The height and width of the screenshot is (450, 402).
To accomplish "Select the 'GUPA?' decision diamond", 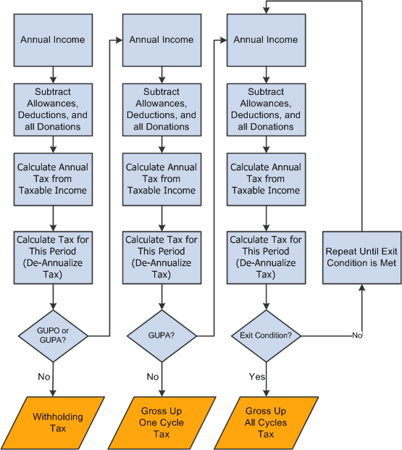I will click(x=161, y=335).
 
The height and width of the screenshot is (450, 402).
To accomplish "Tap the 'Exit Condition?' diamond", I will click(x=266, y=335).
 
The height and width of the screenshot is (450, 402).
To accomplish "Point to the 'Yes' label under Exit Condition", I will click(x=257, y=377).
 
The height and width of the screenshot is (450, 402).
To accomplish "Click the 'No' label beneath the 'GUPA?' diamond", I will click(x=152, y=377).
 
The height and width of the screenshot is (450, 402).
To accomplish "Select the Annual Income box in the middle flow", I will click(x=161, y=41).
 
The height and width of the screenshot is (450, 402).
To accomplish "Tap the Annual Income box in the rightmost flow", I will click(x=266, y=41).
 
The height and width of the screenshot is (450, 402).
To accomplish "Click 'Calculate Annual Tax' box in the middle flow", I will click(x=161, y=179).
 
